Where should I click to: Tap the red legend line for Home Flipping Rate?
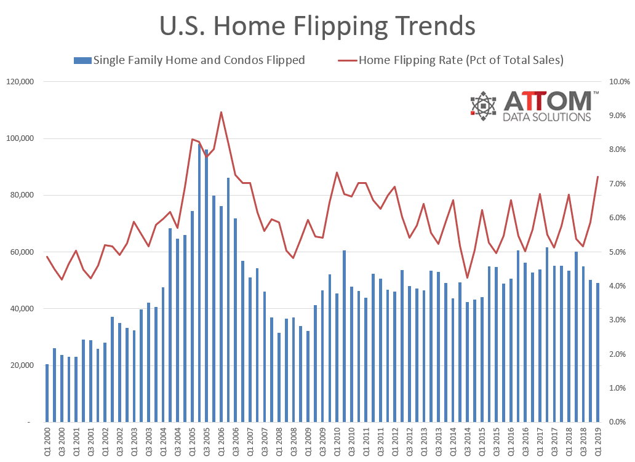347,60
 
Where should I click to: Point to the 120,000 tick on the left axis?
21,82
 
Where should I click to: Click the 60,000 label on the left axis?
23,252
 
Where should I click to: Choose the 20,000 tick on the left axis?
23,365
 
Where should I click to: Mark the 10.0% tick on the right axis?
617,82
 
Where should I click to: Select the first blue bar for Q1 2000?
47,393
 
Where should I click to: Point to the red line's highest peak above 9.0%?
221,112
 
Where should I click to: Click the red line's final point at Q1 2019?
598,177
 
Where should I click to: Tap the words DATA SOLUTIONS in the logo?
547,117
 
